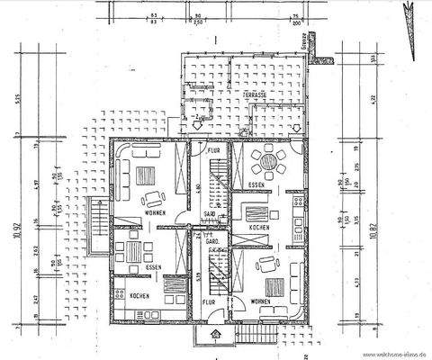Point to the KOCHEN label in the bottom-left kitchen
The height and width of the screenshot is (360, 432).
pyautogui.click(x=139, y=296)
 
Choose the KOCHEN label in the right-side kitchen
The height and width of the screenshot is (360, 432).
pyautogui.click(x=261, y=229)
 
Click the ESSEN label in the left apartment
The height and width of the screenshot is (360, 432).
pyautogui.click(x=154, y=268)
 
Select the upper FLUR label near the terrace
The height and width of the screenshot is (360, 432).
pyautogui.click(x=214, y=150)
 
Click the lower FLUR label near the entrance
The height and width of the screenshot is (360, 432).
pyautogui.click(x=208, y=303)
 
